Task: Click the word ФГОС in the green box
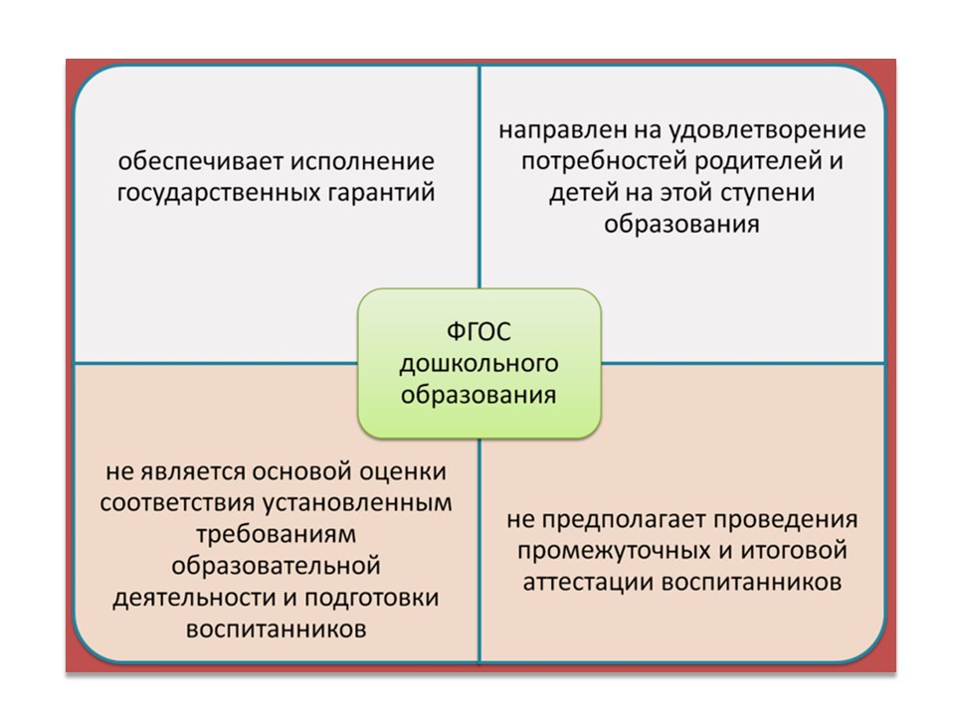click(478, 332)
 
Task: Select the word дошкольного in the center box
click(478, 364)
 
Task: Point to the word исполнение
click(362, 161)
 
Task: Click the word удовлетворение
click(767, 130)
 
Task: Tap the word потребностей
click(604, 162)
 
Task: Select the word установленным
click(357, 503)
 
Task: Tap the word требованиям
click(276, 534)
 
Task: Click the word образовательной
click(276, 566)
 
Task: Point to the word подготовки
click(371, 598)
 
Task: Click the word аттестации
click(588, 583)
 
